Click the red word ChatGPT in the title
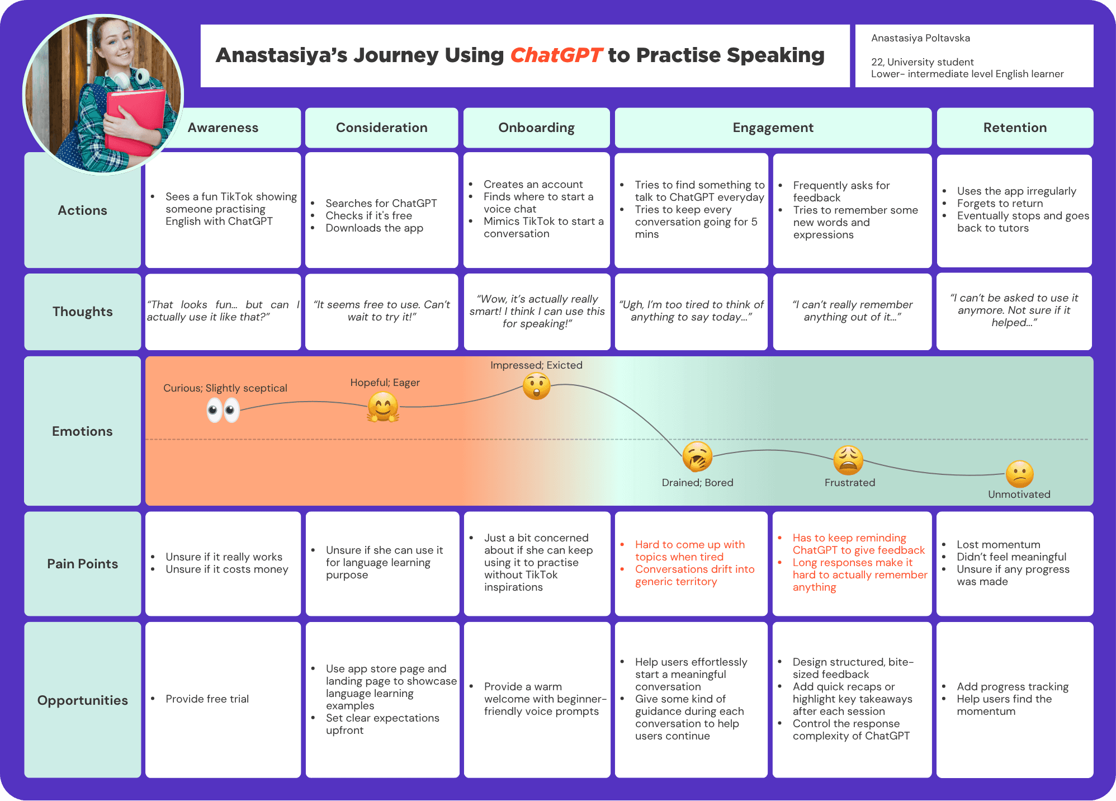pyautogui.click(x=556, y=55)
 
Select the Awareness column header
pyautogui.click(x=223, y=128)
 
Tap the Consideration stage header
pyautogui.click(x=382, y=128)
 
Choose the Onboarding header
pyautogui.click(x=537, y=128)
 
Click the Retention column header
pyautogui.click(x=1015, y=128)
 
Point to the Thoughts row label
pyautogui.click(x=83, y=312)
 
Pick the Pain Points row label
pyautogui.click(x=83, y=564)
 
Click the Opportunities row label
pyautogui.click(x=83, y=700)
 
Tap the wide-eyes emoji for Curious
pyautogui.click(x=223, y=411)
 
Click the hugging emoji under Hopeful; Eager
pyautogui.click(x=383, y=407)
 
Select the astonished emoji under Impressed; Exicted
pyautogui.click(x=537, y=386)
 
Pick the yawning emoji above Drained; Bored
pyautogui.click(x=697, y=456)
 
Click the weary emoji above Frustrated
pyautogui.click(x=848, y=460)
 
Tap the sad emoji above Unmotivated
pyautogui.click(x=1020, y=474)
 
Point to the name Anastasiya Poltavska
pyautogui.click(x=920, y=38)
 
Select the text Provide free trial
pyautogui.click(x=207, y=699)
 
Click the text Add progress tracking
pyautogui.click(x=1013, y=686)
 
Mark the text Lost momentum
pyautogui.click(x=999, y=544)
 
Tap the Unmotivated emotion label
pyautogui.click(x=1019, y=494)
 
